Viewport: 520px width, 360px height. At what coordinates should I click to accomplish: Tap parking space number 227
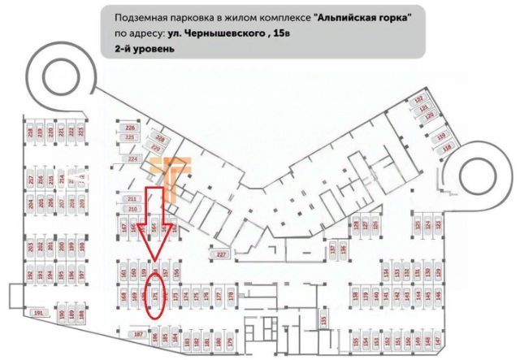click(220, 254)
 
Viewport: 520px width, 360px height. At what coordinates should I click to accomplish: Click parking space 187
click(138, 334)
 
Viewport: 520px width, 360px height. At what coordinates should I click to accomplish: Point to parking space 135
click(325, 320)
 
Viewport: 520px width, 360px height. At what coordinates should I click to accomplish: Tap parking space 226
click(130, 128)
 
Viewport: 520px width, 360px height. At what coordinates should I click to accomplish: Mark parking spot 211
click(132, 199)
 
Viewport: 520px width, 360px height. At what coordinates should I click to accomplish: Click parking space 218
click(30, 132)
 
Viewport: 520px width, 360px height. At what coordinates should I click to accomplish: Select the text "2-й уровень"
click(145, 49)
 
